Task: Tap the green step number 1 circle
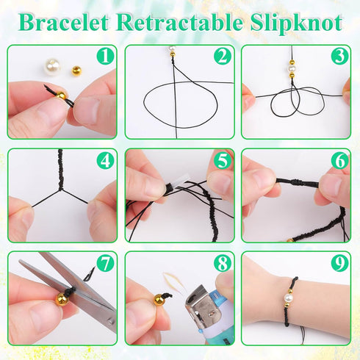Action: [106, 56]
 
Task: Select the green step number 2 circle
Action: [223, 56]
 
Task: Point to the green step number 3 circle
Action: [339, 56]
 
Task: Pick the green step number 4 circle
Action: [106, 159]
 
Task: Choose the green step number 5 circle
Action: [223, 159]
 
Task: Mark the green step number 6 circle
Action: [339, 159]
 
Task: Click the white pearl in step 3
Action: [291, 68]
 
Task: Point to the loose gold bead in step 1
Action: [76, 71]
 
